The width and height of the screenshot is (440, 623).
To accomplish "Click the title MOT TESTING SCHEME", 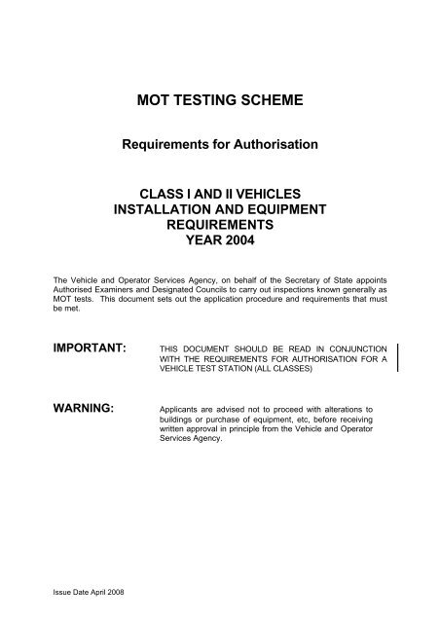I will [x=221, y=99].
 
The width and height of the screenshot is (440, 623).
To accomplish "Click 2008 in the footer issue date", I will [x=127, y=591].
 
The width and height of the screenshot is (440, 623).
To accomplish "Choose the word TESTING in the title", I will [x=205, y=99].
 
